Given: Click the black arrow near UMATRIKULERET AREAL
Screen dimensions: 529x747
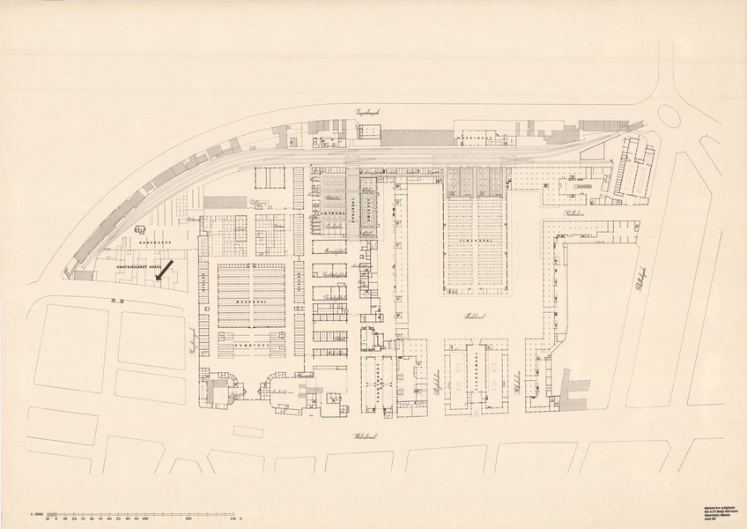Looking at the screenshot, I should pyautogui.click(x=165, y=269).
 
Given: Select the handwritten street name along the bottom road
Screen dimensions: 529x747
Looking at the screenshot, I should pyautogui.click(x=343, y=436).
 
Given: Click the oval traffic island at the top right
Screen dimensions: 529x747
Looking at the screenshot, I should pyautogui.click(x=669, y=115).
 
